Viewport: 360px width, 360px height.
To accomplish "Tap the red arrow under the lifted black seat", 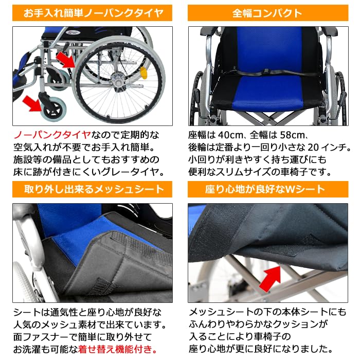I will point(271,277).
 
